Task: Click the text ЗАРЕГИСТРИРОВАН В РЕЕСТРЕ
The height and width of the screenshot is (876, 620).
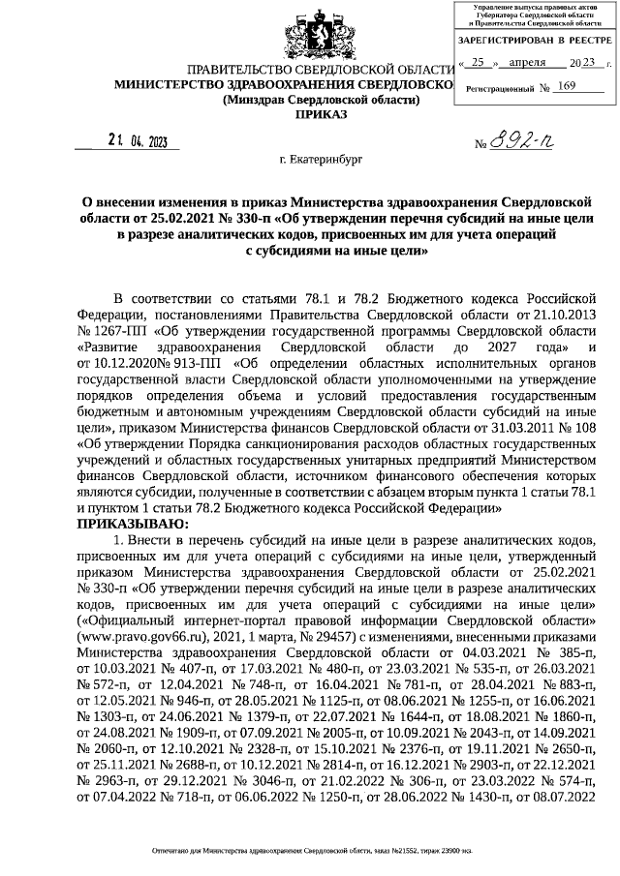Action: point(533,42)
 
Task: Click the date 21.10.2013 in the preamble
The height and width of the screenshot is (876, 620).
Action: point(570,314)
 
